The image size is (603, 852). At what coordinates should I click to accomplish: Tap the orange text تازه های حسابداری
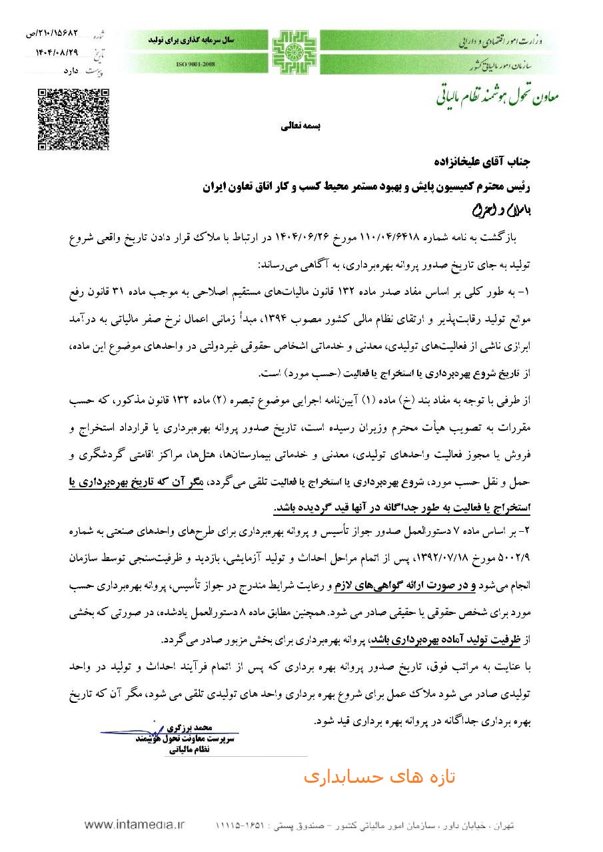tap(379, 777)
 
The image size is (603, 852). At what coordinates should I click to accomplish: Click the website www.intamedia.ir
tap(135, 825)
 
